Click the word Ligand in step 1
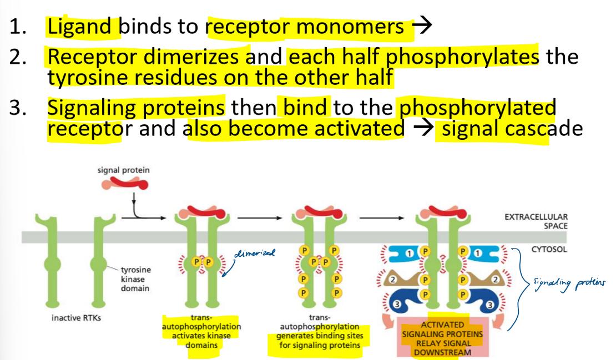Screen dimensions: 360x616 click(83, 27)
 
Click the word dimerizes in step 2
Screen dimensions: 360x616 click(200, 57)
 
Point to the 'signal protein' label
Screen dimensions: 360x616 click(123, 170)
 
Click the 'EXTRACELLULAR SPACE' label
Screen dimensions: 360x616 click(536, 221)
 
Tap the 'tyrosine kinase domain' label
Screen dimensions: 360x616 click(135, 279)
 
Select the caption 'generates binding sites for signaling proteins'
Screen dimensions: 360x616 click(320, 336)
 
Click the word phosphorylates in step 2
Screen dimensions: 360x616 click(462, 57)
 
